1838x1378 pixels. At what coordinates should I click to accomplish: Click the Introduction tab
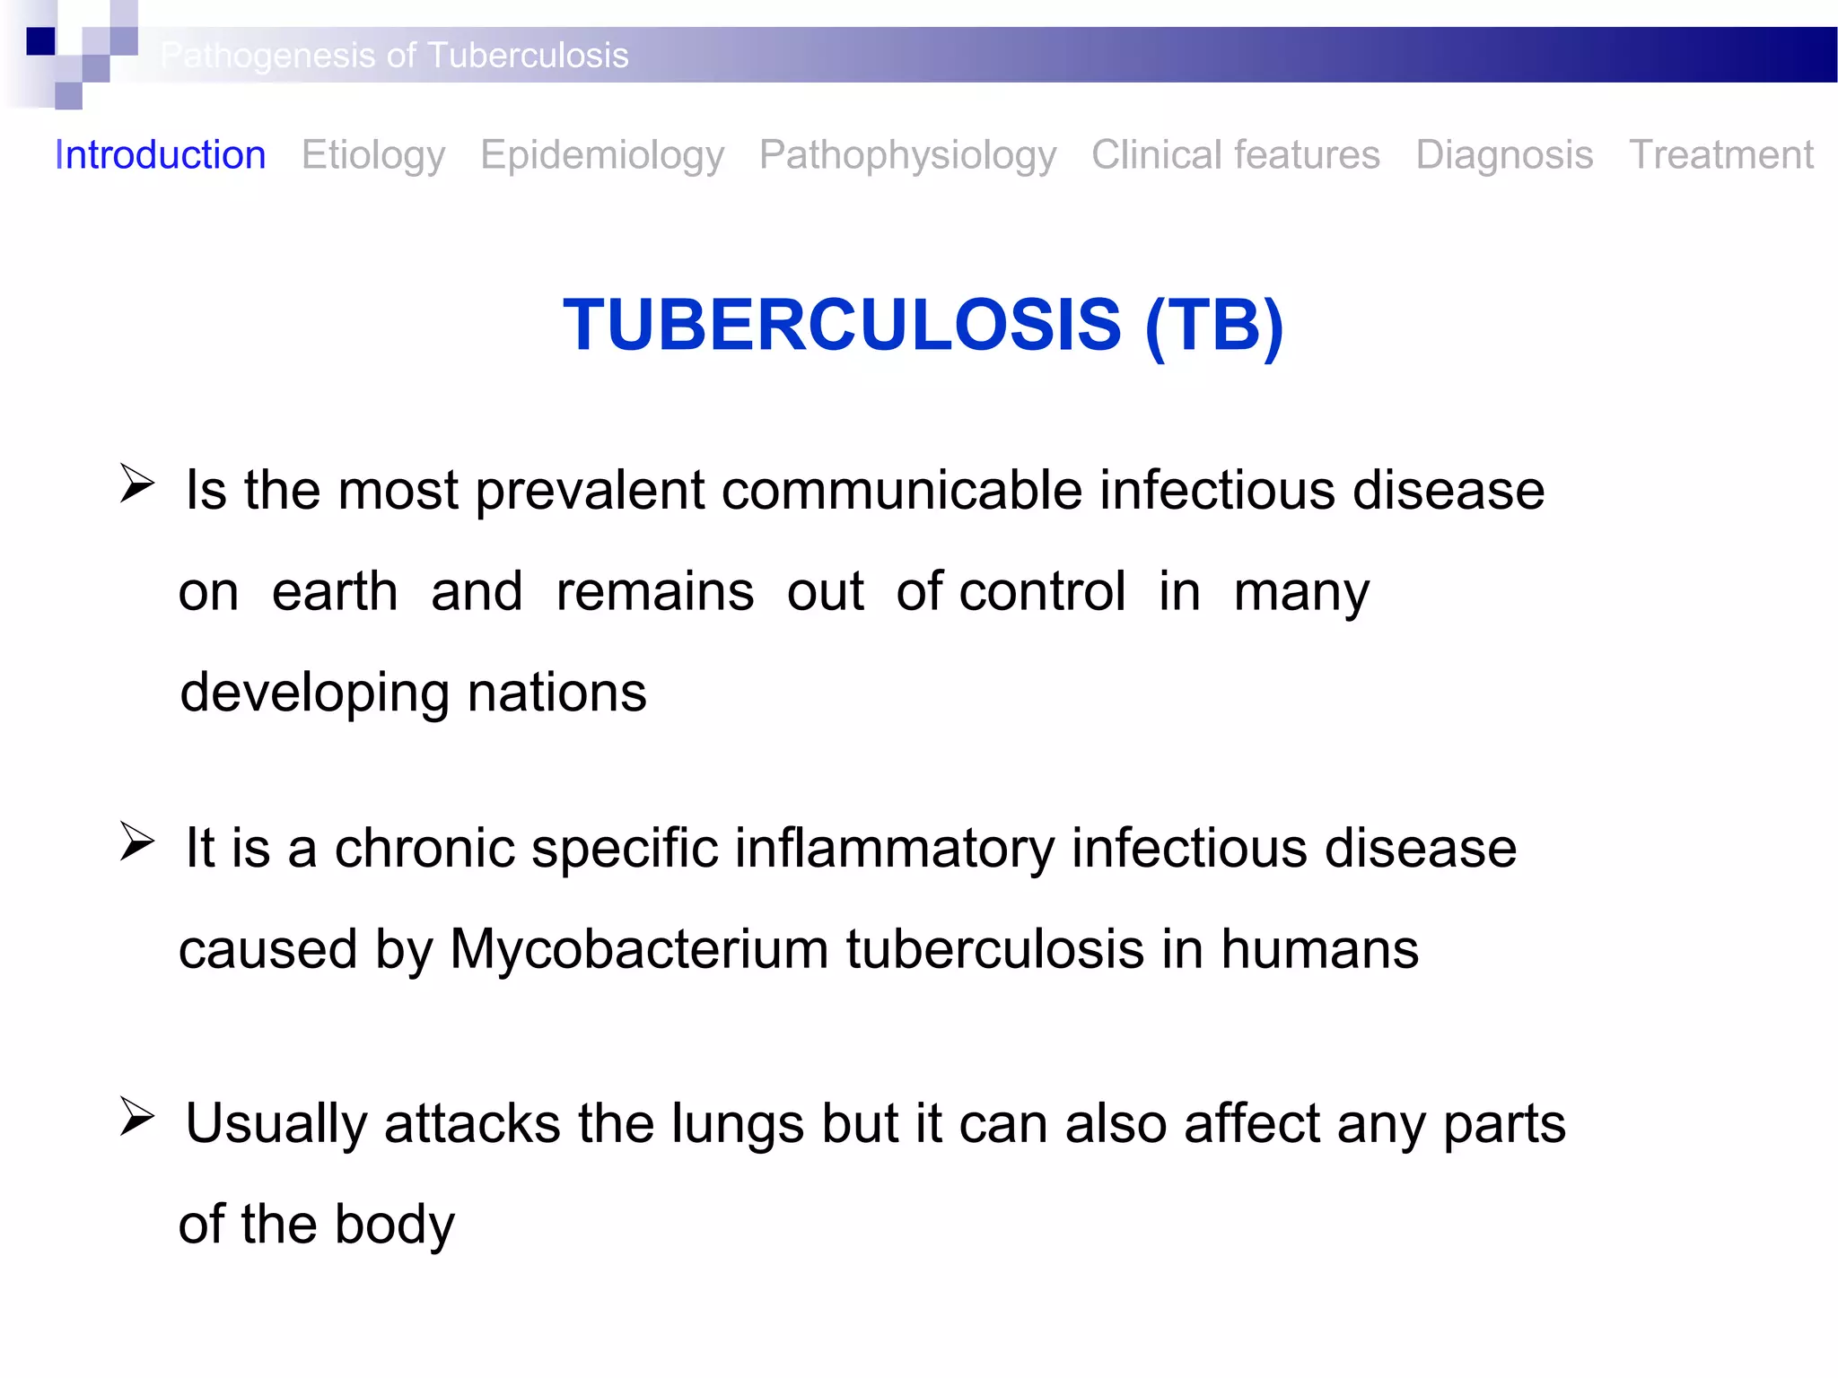pyautogui.click(x=160, y=155)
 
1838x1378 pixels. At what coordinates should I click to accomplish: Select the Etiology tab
pyautogui.click(x=372, y=155)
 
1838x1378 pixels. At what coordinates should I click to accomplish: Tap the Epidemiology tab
pyautogui.click(x=601, y=155)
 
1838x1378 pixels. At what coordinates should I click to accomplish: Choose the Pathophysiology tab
pyautogui.click(x=907, y=155)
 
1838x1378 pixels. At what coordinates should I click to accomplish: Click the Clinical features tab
pyautogui.click(x=1235, y=155)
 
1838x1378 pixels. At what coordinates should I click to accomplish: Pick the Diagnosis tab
pyautogui.click(x=1504, y=155)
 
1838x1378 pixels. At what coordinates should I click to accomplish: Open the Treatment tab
pyautogui.click(x=1720, y=155)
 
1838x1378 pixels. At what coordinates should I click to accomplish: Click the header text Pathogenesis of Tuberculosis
pyautogui.click(x=395, y=56)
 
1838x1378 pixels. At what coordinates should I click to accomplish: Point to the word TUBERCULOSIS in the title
pyautogui.click(x=841, y=325)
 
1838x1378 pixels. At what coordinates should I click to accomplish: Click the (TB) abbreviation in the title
pyautogui.click(x=1214, y=325)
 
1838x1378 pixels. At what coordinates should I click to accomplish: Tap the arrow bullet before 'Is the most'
pyautogui.click(x=137, y=484)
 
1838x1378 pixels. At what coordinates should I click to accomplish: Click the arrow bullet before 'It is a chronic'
pyautogui.click(x=137, y=842)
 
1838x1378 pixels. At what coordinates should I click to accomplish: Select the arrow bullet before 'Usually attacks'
pyautogui.click(x=137, y=1118)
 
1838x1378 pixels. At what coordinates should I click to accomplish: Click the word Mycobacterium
pyautogui.click(x=638, y=949)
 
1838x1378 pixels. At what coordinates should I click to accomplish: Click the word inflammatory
pyautogui.click(x=893, y=849)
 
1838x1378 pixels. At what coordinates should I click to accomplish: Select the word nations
pyautogui.click(x=556, y=693)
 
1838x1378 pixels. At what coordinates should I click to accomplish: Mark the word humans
pyautogui.click(x=1319, y=949)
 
